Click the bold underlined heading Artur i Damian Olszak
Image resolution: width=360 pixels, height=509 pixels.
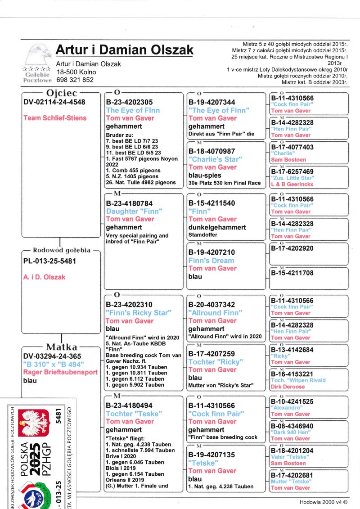[x=125, y=50]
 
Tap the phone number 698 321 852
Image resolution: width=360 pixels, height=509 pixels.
[x=75, y=80]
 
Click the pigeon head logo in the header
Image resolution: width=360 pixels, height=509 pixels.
[x=37, y=54]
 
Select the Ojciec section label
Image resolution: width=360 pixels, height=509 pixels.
[x=59, y=94]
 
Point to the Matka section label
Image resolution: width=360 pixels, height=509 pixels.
[x=62, y=347]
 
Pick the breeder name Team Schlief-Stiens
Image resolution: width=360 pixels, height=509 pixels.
[x=55, y=118]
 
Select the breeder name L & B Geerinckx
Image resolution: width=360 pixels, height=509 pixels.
[x=292, y=185]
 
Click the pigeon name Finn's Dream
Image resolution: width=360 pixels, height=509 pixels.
[x=211, y=261]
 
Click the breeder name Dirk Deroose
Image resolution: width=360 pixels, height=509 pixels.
[x=288, y=387]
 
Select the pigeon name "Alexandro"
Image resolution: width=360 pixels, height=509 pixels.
[x=286, y=408]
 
